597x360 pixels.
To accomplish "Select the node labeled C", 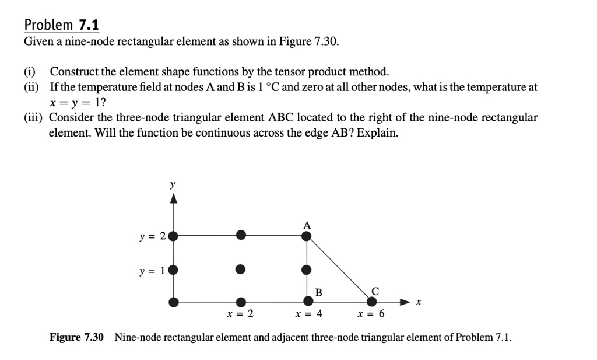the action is click(x=371, y=302).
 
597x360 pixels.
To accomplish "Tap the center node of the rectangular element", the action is click(x=240, y=270).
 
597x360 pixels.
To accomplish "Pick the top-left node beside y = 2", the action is click(x=173, y=236).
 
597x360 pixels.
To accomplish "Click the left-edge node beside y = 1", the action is click(x=173, y=270).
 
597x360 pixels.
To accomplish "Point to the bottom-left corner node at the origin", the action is click(x=173, y=302).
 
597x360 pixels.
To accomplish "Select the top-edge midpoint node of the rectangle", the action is click(x=240, y=236).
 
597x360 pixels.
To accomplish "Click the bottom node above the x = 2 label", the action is click(x=240, y=302).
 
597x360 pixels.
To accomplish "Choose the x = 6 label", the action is click(x=371, y=314).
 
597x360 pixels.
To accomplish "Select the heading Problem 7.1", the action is click(x=61, y=25).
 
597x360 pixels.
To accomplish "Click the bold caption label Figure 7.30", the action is click(x=76, y=338).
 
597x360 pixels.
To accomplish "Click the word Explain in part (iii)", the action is click(x=377, y=132).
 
